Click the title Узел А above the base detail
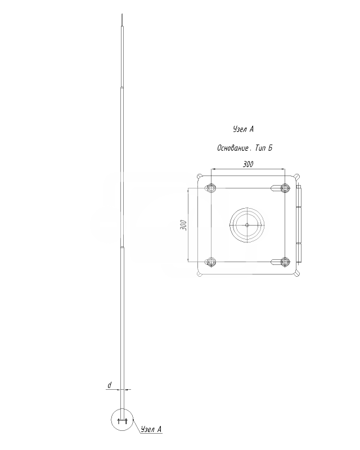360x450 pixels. pos(243,129)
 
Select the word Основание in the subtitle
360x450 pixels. pos(233,148)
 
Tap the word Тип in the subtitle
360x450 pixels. pos(260,148)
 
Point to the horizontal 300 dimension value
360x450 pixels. pos(248,164)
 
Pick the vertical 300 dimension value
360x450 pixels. pos(183,225)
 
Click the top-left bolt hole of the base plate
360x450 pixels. pos(211,188)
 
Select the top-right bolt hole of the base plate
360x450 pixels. pos(285,188)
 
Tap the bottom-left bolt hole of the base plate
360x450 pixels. pos(211,262)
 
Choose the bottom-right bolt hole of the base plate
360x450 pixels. pos(285,262)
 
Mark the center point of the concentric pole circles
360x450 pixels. pos(247,226)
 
